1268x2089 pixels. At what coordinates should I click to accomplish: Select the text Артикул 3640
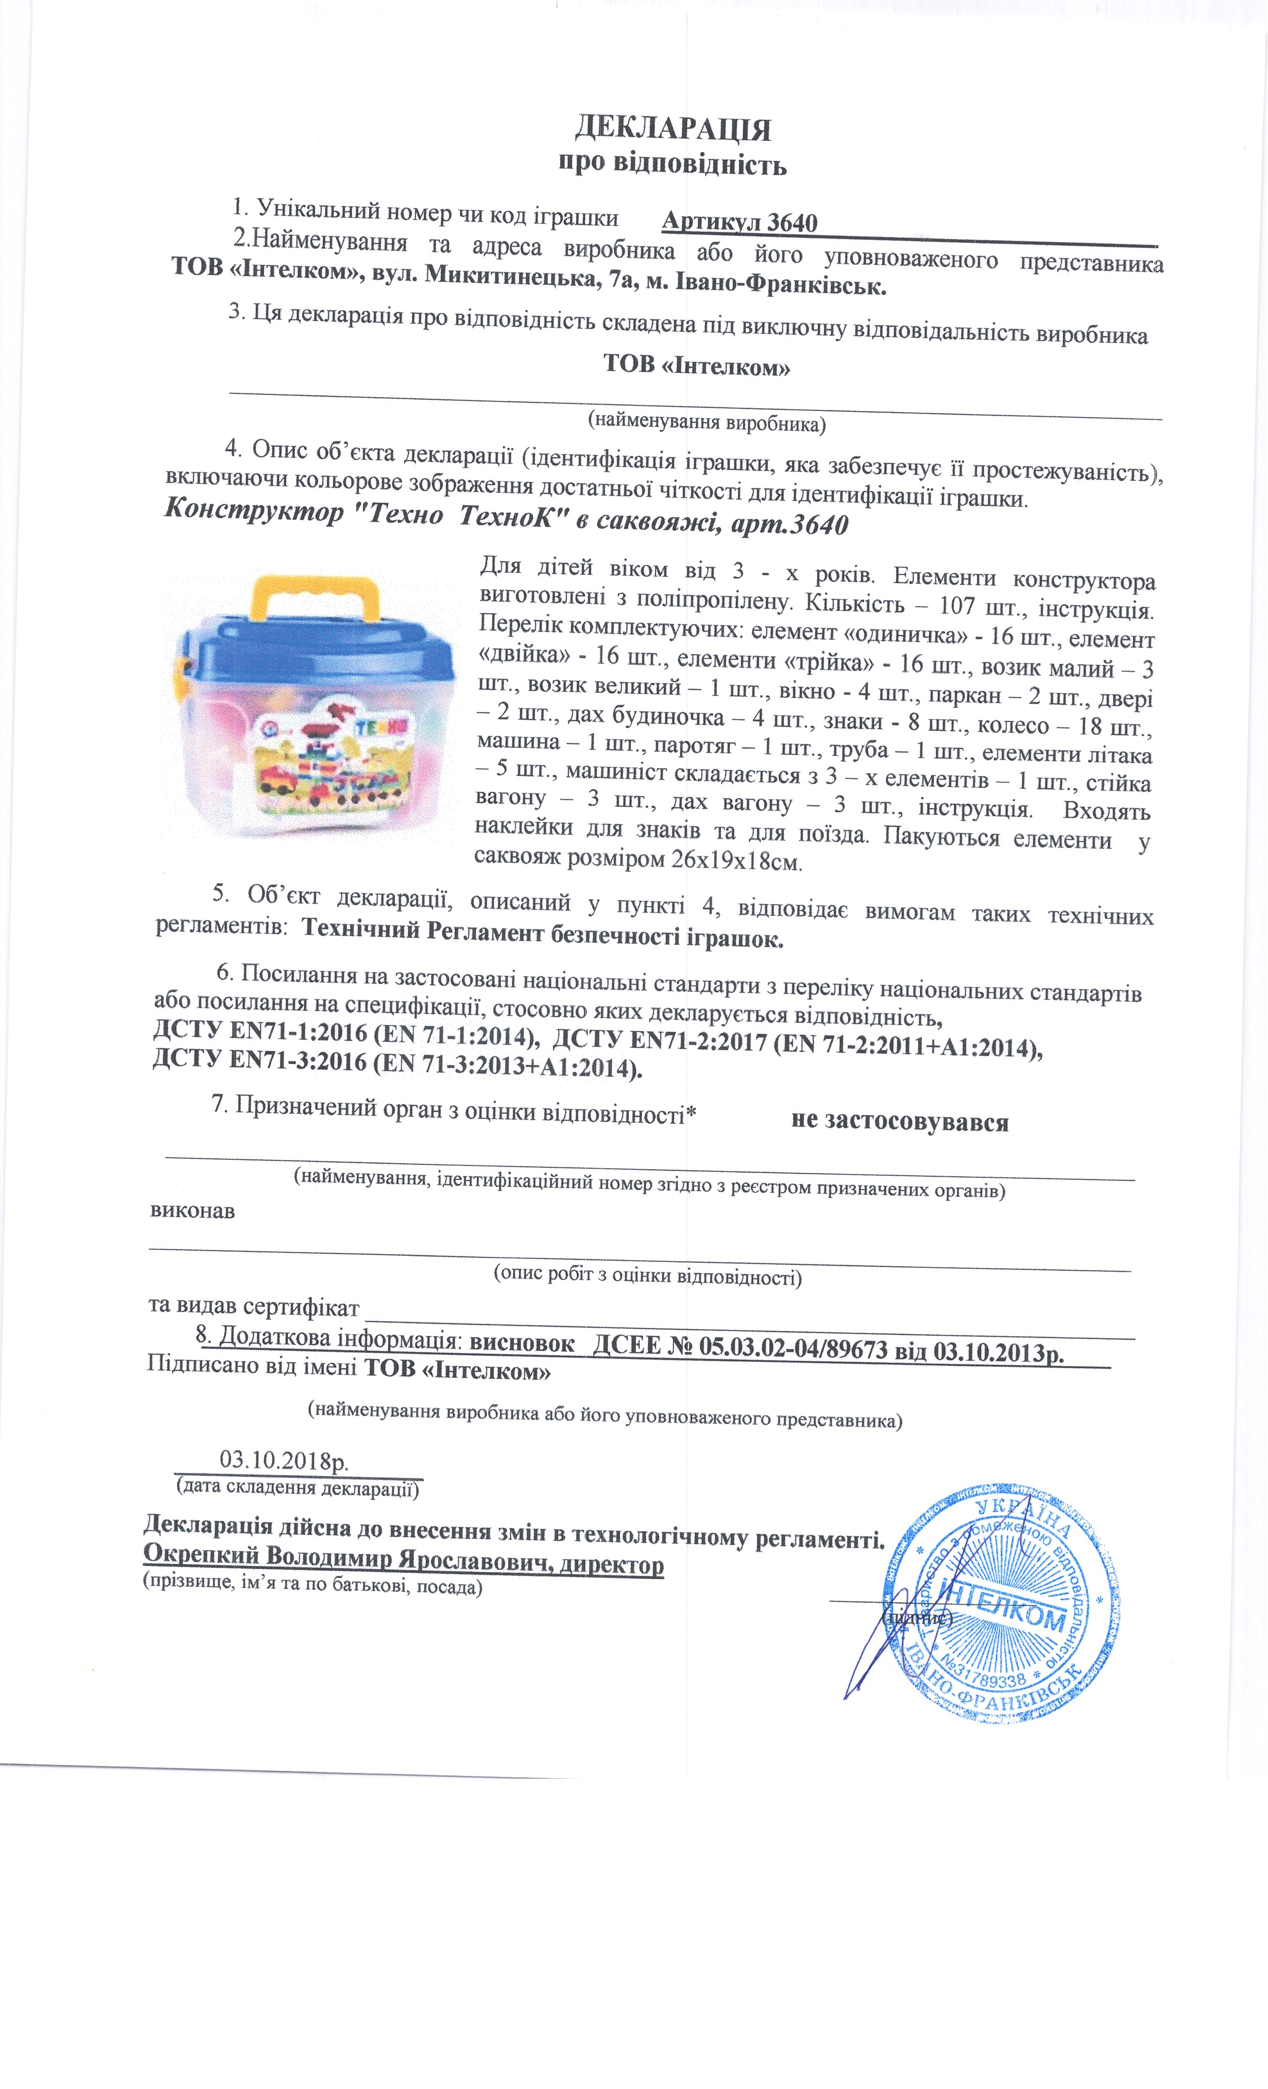click(739, 222)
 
